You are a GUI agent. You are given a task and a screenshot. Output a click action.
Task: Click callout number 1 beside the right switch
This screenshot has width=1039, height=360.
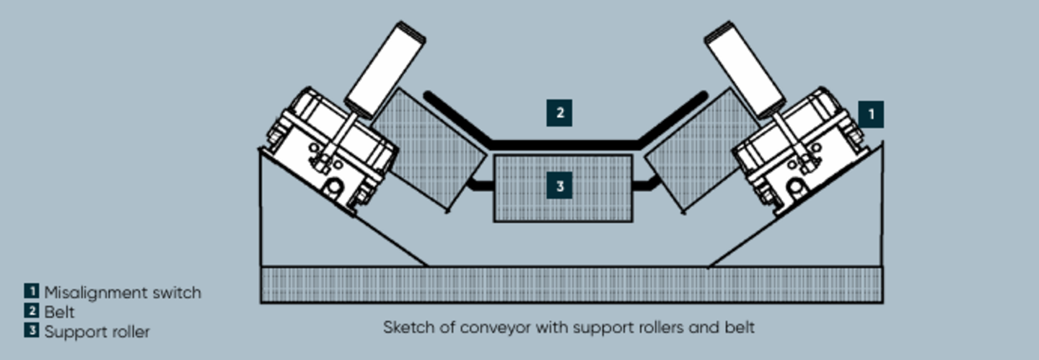pyautogui.click(x=870, y=114)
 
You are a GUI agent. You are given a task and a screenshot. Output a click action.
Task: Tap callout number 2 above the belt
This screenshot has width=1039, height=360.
pyautogui.click(x=559, y=113)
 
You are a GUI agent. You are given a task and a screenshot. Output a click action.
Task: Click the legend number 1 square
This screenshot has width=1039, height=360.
pyautogui.click(x=31, y=291)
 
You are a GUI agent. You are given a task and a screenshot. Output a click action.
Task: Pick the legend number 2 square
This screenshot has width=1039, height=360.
pyautogui.click(x=31, y=312)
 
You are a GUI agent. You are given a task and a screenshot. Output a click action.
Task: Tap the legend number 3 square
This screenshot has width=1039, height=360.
pyautogui.click(x=31, y=331)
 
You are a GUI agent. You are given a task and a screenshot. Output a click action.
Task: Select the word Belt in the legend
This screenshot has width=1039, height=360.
pyautogui.click(x=59, y=312)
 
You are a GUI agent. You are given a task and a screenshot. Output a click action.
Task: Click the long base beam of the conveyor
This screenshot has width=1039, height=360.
pyautogui.click(x=570, y=284)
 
